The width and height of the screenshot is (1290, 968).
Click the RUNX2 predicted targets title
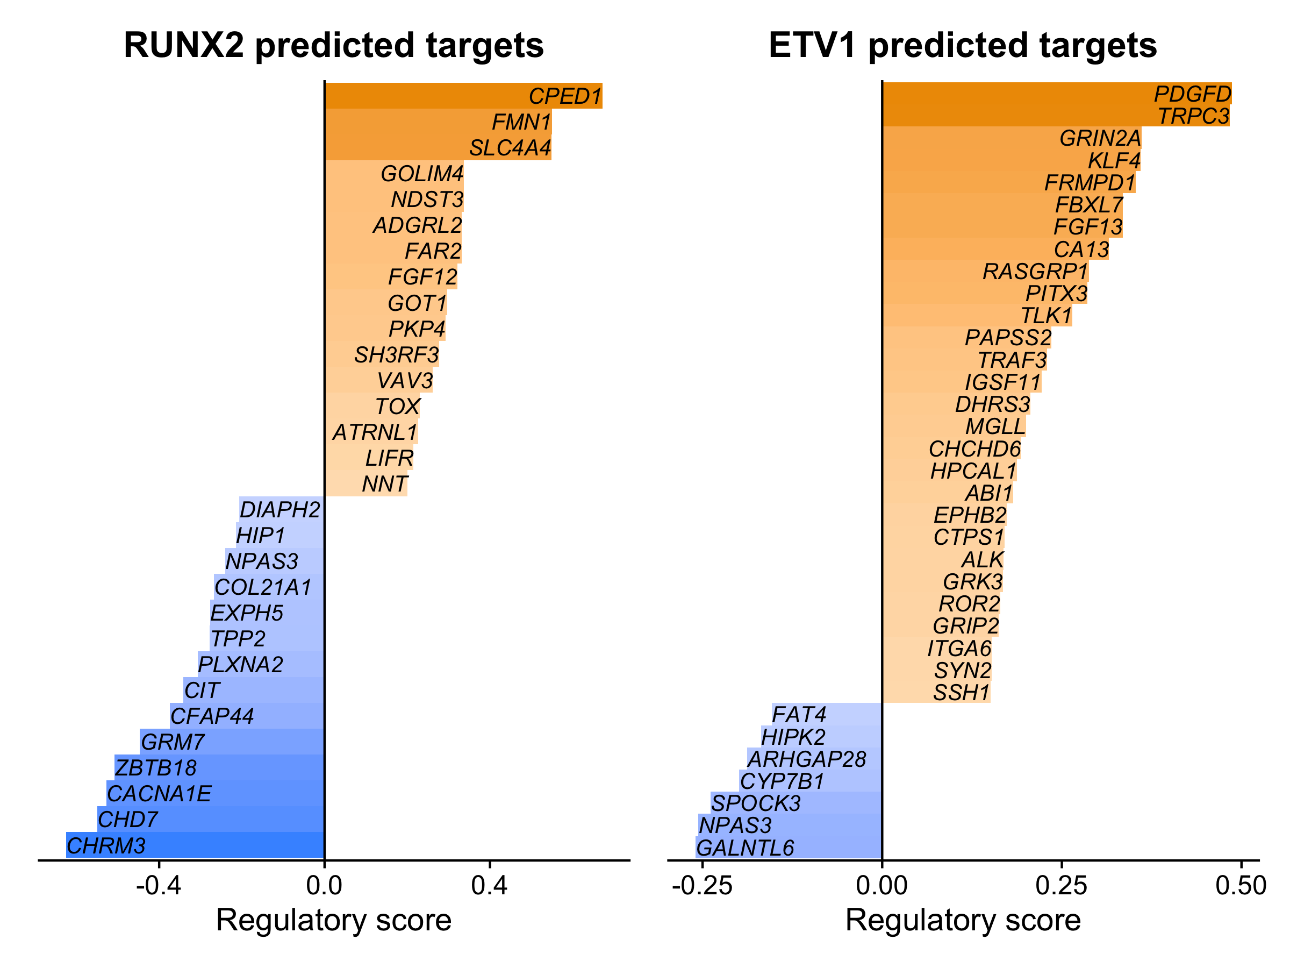tap(334, 46)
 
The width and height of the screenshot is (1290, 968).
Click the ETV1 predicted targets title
tap(963, 46)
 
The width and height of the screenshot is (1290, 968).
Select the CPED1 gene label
tap(564, 96)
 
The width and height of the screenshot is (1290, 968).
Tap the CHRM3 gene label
tap(106, 845)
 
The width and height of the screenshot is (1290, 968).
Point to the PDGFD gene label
tap(1193, 94)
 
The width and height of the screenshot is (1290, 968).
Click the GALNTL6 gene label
tap(745, 848)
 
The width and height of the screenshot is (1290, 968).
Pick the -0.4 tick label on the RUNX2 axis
tap(159, 886)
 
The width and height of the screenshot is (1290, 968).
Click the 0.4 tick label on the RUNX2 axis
tap(489, 886)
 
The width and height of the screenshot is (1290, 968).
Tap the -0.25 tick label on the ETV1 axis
tap(702, 886)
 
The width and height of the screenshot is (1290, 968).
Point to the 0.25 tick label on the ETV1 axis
tap(1062, 886)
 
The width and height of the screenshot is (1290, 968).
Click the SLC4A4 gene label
tap(510, 148)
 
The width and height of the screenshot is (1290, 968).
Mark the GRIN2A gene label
tap(1100, 138)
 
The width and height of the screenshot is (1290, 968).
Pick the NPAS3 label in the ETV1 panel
tap(735, 825)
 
